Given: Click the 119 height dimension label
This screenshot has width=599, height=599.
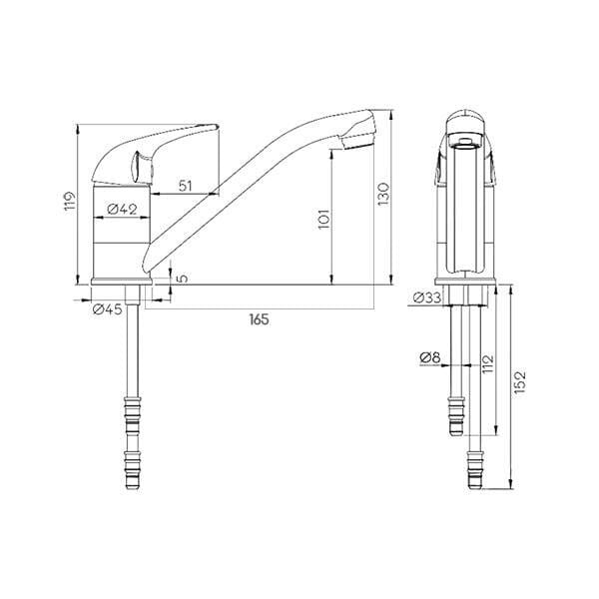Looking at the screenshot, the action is (70, 201).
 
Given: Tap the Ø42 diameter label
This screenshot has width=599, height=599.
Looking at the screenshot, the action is (122, 210).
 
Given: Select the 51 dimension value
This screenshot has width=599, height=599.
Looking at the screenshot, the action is (186, 186).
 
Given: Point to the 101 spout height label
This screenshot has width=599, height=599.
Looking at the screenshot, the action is (323, 219).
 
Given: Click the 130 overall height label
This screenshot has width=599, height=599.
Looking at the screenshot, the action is (383, 194).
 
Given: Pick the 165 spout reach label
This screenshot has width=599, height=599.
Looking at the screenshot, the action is (259, 319).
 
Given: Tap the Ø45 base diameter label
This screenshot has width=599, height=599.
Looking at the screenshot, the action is (108, 308).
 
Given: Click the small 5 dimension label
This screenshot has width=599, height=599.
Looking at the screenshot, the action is (183, 278).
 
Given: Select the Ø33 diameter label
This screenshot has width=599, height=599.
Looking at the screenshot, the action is (427, 298).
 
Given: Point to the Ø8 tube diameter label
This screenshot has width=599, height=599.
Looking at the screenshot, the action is (430, 358).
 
